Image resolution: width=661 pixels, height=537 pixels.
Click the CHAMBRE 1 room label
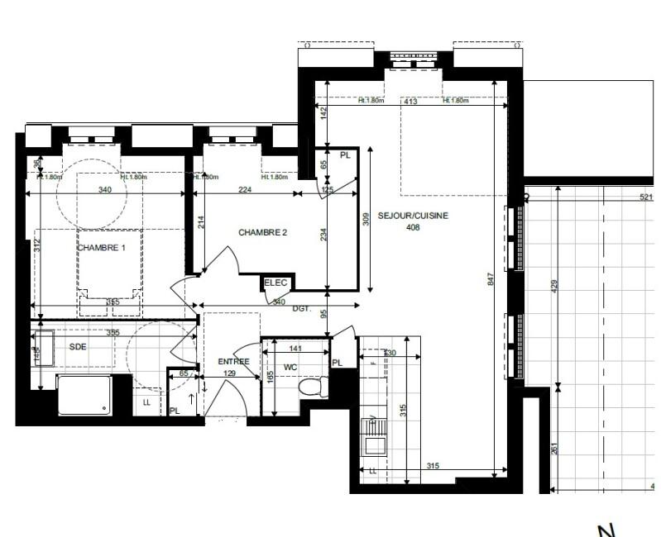click(101, 248)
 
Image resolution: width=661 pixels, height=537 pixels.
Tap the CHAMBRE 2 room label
click(262, 232)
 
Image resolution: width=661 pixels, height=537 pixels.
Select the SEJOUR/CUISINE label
click(413, 216)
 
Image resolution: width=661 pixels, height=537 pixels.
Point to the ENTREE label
click(233, 362)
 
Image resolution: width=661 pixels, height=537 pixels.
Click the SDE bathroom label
click(78, 347)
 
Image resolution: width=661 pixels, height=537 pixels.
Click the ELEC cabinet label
click(275, 283)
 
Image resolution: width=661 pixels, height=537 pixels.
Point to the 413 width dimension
click(409, 102)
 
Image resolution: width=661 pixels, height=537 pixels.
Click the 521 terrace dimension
click(646, 198)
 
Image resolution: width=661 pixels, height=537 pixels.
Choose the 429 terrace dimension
click(555, 285)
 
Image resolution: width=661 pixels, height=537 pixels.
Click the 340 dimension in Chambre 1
click(104, 189)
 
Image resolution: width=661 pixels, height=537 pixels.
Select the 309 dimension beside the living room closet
click(366, 220)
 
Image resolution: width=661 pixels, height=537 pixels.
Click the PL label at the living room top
click(345, 154)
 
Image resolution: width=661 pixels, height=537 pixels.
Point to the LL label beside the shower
click(147, 402)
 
